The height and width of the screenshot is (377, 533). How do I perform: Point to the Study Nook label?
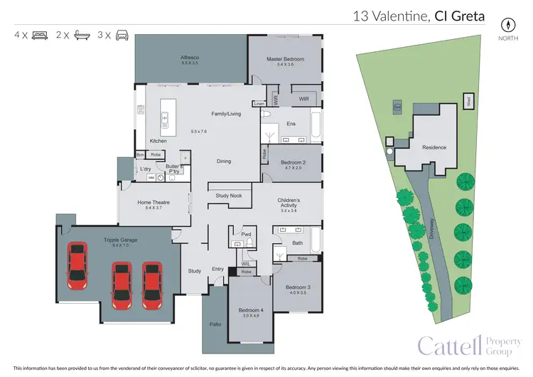pos(225,195)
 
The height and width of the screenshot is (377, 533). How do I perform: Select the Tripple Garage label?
pos(120,240)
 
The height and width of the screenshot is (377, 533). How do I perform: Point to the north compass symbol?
pos(507,23)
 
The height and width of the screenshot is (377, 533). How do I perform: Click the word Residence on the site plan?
pos(434,147)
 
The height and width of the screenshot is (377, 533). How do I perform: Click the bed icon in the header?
pos(41,34)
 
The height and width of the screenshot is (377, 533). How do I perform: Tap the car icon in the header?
pos(122,34)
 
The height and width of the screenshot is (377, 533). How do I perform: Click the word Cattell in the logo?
pos(450,346)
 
